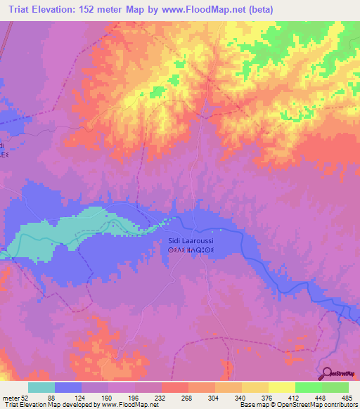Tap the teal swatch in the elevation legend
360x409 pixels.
click(41, 387)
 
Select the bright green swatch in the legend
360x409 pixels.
click(308, 387)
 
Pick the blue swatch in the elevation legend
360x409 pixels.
click(68, 387)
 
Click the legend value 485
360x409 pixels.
click(347, 397)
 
